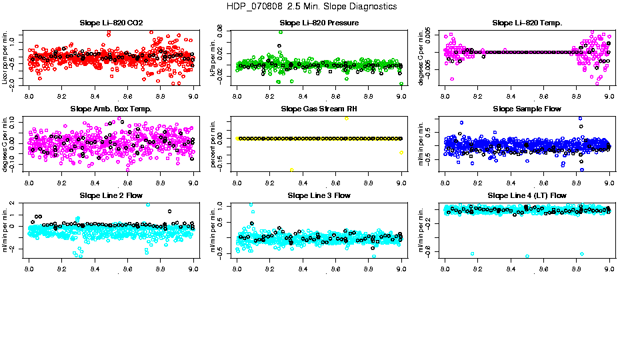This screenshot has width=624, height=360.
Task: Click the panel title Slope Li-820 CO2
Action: click(111, 23)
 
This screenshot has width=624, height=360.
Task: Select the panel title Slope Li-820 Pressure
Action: click(319, 23)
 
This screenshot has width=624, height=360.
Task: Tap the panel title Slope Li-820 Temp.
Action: click(527, 23)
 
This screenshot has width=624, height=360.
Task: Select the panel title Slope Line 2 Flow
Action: click(111, 195)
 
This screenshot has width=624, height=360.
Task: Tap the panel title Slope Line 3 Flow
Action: click(319, 195)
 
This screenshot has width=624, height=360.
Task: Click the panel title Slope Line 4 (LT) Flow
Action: click(527, 195)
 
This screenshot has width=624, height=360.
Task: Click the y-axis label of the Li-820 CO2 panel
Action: click(5, 57)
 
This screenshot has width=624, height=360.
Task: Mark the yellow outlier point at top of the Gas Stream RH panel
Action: click(347, 117)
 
